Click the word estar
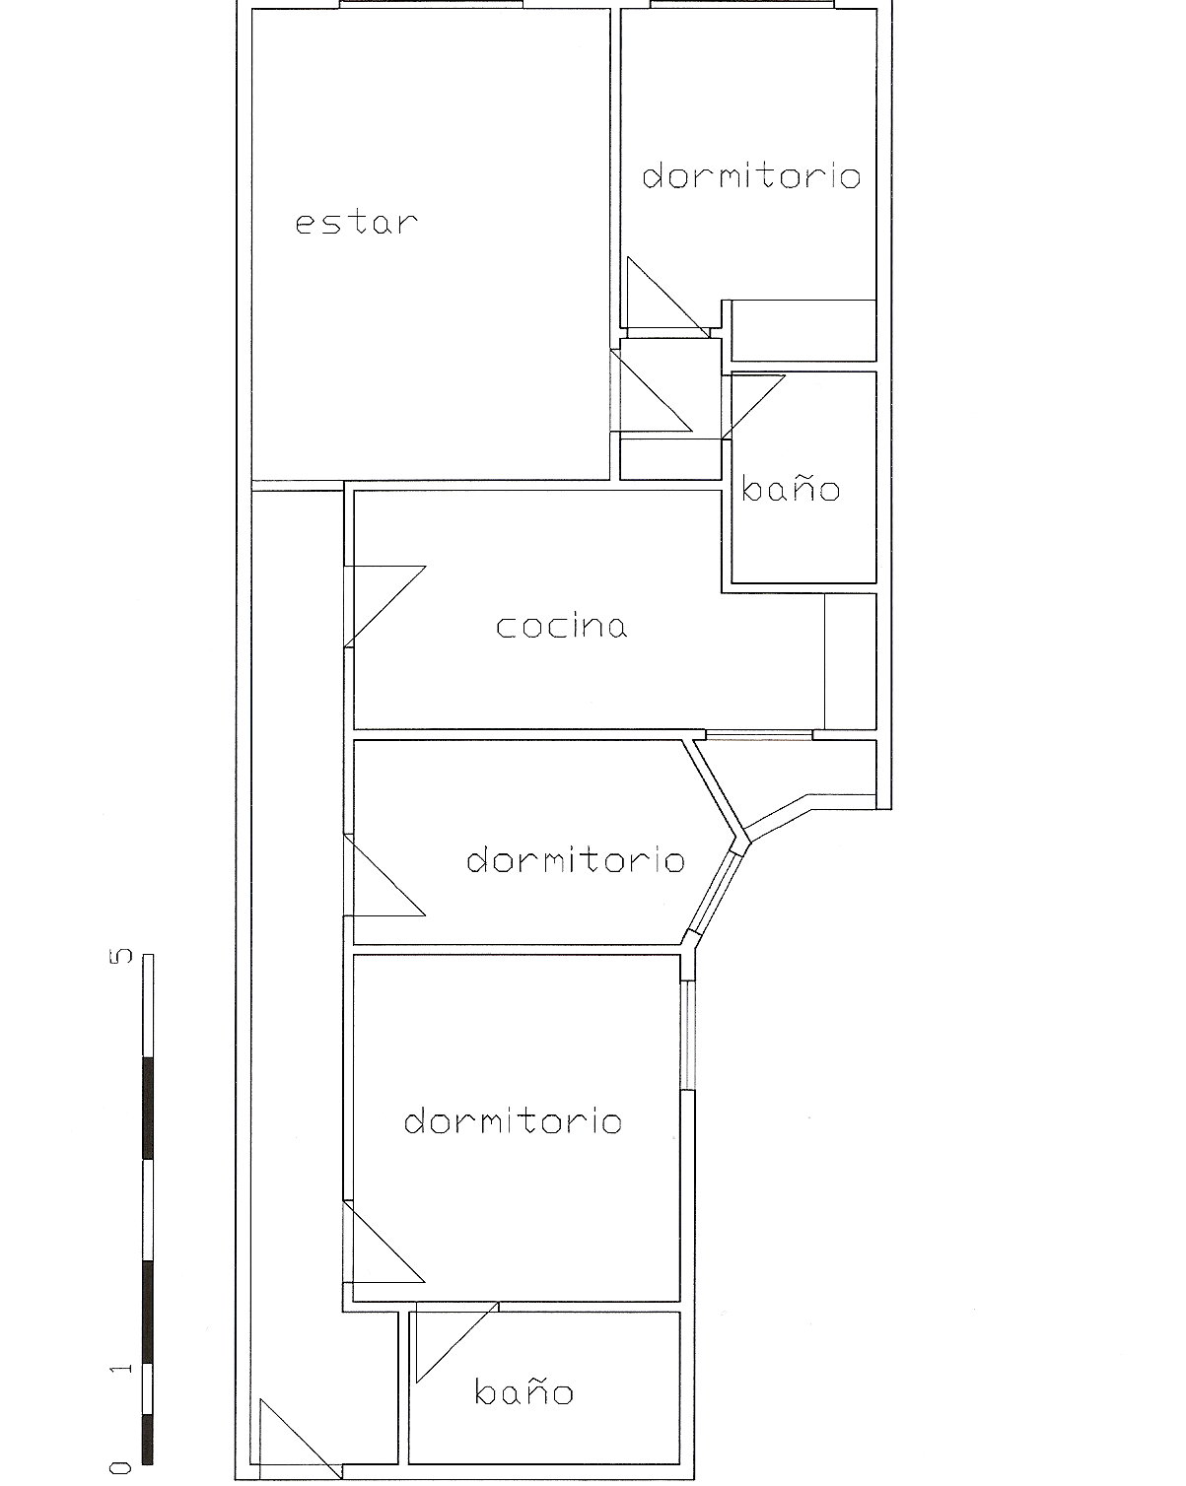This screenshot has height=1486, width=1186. pos(357,223)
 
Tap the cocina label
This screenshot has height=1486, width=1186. pos(562,626)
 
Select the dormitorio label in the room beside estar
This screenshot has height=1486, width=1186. pos(751,176)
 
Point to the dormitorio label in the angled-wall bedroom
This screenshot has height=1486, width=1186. pos(576,860)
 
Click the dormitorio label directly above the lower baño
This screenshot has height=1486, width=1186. pos(513,1121)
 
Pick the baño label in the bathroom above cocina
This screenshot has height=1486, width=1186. pos(791,488)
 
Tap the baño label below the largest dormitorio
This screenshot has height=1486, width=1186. pos(523,1390)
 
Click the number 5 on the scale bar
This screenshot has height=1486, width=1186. pos(120,957)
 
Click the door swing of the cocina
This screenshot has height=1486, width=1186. pos(384,606)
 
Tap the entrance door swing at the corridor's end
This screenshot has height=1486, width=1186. pos(301,1439)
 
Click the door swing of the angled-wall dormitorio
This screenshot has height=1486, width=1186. pos(384,876)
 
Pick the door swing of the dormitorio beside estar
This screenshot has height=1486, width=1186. pos(668,298)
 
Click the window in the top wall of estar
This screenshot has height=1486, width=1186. pos(432,4)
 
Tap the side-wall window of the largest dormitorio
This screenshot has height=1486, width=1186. pos(687,1036)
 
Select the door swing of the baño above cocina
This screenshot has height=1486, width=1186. pos(753,407)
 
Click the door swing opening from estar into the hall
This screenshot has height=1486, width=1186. pos(651,391)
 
